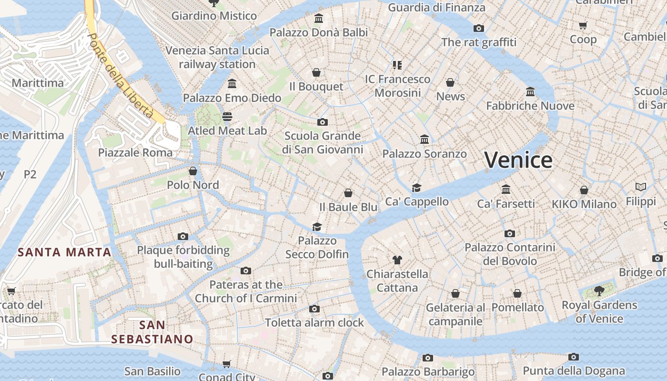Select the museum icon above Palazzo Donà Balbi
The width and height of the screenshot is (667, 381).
(x=319, y=19)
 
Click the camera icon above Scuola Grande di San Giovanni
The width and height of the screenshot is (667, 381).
(x=323, y=122)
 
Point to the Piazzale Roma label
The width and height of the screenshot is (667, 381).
(x=135, y=153)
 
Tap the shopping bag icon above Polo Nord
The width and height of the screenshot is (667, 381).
(x=193, y=171)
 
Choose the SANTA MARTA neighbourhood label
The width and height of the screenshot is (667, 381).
(x=64, y=252)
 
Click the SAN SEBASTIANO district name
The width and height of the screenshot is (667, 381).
(x=152, y=332)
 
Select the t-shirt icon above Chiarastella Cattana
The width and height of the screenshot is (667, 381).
(x=397, y=260)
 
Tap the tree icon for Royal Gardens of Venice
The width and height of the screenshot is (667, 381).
(x=599, y=291)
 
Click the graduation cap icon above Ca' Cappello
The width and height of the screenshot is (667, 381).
(x=417, y=188)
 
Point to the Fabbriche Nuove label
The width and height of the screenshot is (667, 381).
(x=530, y=106)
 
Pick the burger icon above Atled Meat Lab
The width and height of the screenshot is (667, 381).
(x=227, y=117)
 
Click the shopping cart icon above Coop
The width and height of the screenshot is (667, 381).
(x=583, y=25)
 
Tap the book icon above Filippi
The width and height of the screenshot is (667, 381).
(x=641, y=187)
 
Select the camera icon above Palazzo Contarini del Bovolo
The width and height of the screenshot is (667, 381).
(x=510, y=233)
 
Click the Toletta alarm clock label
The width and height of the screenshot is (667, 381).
(x=314, y=322)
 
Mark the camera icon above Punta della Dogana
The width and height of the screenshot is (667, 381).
(x=574, y=357)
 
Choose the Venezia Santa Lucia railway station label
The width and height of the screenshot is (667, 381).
(x=217, y=57)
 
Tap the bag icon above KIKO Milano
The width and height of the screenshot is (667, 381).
(x=584, y=190)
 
